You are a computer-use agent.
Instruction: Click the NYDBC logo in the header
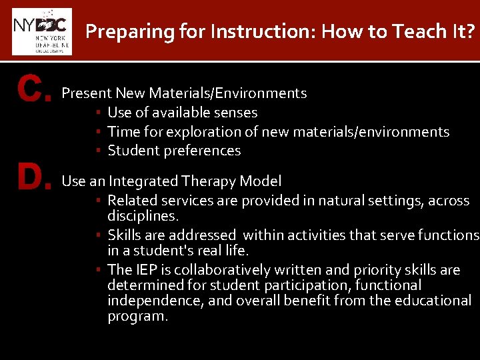[41, 31]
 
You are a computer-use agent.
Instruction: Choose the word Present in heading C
[86, 93]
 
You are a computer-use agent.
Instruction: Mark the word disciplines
[142, 216]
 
